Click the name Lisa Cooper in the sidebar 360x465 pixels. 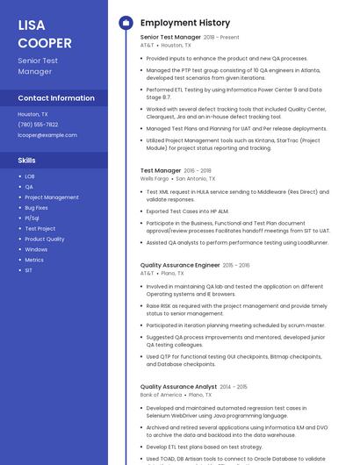tap(45, 33)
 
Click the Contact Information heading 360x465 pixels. tap(56, 98)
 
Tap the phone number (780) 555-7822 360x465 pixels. tap(38, 125)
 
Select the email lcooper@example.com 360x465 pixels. tap(47, 135)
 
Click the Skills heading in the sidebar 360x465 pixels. tap(27, 161)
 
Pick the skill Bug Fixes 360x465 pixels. tap(36, 208)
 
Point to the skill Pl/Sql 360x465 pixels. tap(32, 218)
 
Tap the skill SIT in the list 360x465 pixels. tap(28, 270)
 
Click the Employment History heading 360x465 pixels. tap(185, 23)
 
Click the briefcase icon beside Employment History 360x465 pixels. tap(126, 23)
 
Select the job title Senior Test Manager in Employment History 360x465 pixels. tap(170, 38)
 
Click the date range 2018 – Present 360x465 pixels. tap(221, 38)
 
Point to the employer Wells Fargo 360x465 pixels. tap(154, 178)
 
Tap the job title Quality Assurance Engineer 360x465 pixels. tap(180, 265)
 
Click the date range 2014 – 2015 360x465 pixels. tap(234, 387)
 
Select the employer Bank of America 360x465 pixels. tap(161, 395)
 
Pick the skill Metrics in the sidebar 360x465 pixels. tap(34, 260)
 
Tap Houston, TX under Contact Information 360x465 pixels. tap(32, 114)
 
